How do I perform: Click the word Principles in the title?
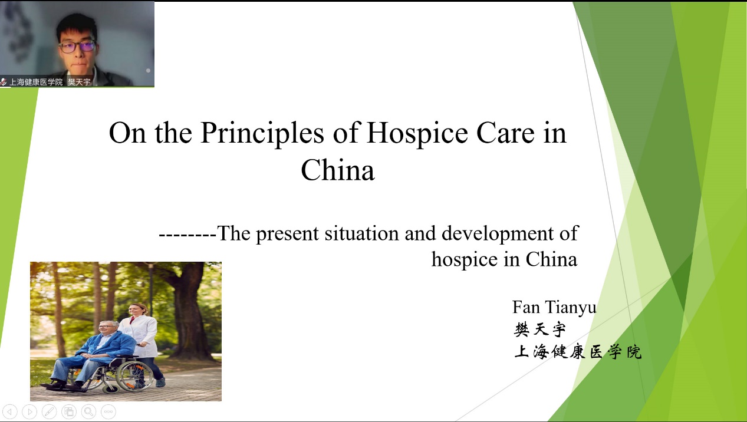[x=262, y=133]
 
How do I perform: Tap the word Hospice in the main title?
[x=417, y=133]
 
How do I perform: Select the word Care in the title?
[x=505, y=133]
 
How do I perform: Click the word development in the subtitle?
[x=497, y=234]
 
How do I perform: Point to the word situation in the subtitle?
[x=361, y=233]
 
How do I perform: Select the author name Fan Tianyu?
[x=554, y=307]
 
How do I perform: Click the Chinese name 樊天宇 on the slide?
[x=540, y=329]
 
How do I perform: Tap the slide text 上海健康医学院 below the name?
[x=578, y=352]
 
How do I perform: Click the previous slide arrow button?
[x=9, y=411]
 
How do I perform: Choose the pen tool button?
[x=49, y=411]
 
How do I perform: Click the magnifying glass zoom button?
[x=88, y=411]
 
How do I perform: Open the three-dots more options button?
[x=108, y=411]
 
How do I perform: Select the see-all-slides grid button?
[x=69, y=411]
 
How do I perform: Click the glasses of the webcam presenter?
[x=77, y=47]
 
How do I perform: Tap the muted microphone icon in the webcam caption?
[x=4, y=82]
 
